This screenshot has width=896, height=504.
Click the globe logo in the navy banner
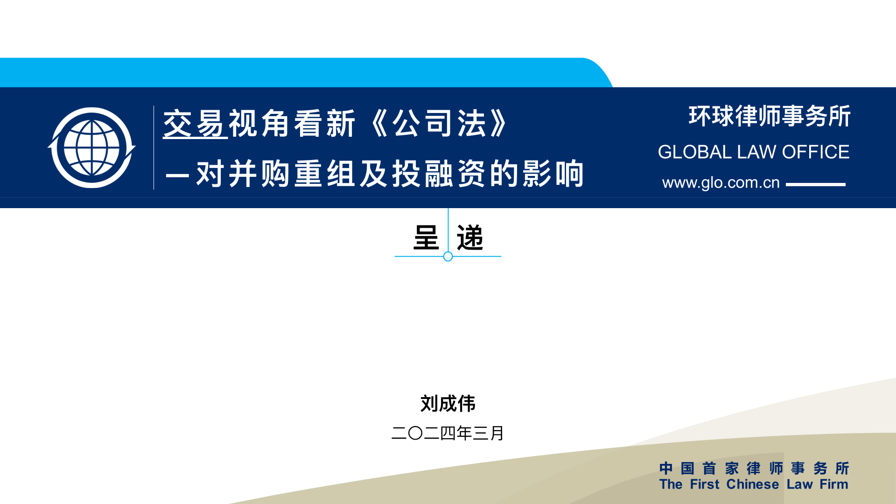[x=91, y=147]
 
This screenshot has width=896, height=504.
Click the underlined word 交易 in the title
[x=195, y=124]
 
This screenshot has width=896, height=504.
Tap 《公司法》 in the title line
[x=439, y=124]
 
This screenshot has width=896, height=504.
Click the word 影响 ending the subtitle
[x=553, y=174]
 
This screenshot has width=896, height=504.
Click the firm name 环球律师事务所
[x=770, y=116]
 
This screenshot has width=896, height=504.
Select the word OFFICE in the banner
[x=816, y=152]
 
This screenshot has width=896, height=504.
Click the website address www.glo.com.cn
[x=721, y=182]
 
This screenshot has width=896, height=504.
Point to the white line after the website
[x=816, y=184]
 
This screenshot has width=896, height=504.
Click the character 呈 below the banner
[x=426, y=238]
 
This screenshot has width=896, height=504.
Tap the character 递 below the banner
[x=470, y=238]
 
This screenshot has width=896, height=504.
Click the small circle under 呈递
[x=448, y=256]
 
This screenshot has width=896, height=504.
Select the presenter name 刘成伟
[x=448, y=403]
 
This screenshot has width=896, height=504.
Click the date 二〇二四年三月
[x=448, y=433]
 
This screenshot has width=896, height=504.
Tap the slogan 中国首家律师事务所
[x=754, y=468]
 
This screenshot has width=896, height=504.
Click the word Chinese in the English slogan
[x=753, y=484]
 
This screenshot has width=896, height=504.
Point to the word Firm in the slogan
[x=834, y=484]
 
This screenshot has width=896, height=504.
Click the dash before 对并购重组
[x=177, y=176]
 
